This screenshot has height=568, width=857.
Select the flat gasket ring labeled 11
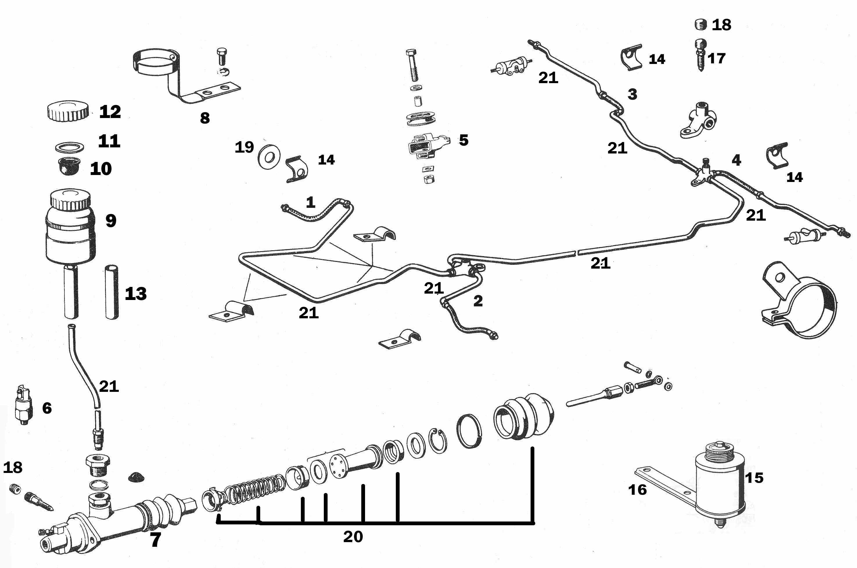pyautogui.click(x=70, y=147)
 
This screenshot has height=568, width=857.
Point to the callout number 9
pyautogui.click(x=111, y=220)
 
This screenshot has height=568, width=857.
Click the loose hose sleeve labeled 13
pyautogui.click(x=112, y=293)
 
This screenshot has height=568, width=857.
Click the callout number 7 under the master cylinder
pyautogui.click(x=155, y=540)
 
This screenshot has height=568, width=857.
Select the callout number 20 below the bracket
pyautogui.click(x=353, y=537)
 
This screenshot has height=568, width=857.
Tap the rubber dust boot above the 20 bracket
pyautogui.click(x=524, y=416)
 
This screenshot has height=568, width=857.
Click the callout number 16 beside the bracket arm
pyautogui.click(x=637, y=490)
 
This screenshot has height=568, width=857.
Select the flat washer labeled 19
pyautogui.click(x=269, y=157)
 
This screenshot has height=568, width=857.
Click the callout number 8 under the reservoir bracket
pyautogui.click(x=205, y=118)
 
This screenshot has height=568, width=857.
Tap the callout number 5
pyautogui.click(x=463, y=140)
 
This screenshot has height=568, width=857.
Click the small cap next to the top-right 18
pyautogui.click(x=701, y=25)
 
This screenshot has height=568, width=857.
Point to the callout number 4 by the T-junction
pyautogui.click(x=736, y=160)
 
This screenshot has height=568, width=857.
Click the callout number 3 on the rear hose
pyautogui.click(x=632, y=94)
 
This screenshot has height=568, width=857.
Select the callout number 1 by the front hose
pyautogui.click(x=310, y=202)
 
